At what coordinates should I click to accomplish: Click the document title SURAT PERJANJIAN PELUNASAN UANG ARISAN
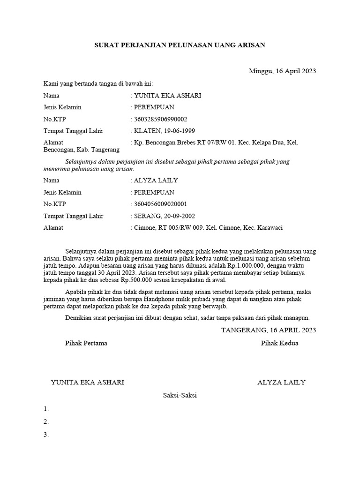pos(180,45)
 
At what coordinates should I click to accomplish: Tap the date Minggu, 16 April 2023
pos(282,71)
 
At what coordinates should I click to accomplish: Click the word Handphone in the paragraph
pos(199,300)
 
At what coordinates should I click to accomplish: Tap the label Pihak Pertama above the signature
pos(86,343)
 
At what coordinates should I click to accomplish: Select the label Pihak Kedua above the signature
pos(279,343)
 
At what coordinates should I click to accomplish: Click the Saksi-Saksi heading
pos(180,395)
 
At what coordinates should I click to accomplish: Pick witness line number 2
pos(46,421)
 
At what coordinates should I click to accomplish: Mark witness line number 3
pos(46,435)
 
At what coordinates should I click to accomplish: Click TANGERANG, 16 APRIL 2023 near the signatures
pos(269,330)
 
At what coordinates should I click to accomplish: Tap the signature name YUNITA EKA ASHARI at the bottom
pos(87,382)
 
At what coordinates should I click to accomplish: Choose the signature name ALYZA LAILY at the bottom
pos(281,382)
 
